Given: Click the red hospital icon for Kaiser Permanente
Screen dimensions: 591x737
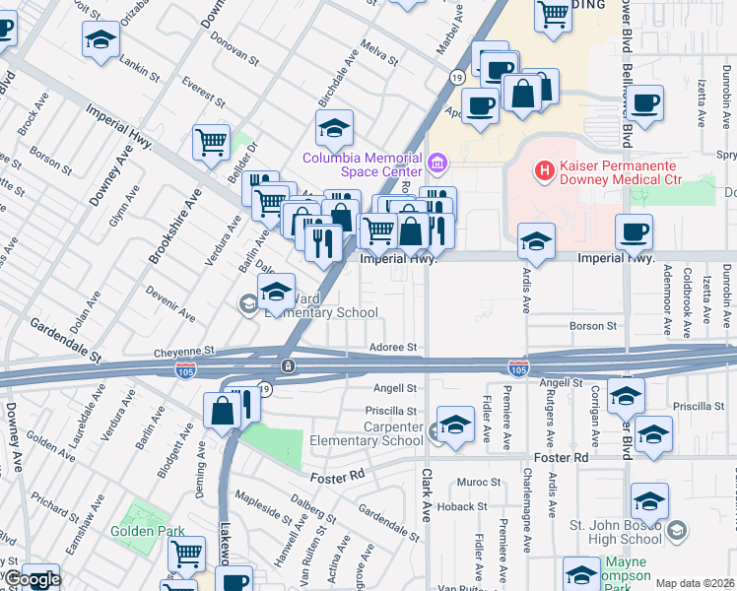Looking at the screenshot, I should pos(542,171).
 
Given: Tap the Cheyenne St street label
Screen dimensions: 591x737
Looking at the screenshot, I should pos(183,351).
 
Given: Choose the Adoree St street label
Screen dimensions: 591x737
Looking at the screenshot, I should pos(394,348).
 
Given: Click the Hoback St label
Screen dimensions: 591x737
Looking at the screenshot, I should pos(457,506).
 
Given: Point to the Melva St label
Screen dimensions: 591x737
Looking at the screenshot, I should pos(378,54).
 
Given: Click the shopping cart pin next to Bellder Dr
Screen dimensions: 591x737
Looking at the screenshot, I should pos(211,143).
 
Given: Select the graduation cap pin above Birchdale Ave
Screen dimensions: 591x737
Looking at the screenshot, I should pos(334,127).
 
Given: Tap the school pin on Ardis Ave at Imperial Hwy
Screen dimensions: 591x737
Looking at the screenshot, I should pos(535,240).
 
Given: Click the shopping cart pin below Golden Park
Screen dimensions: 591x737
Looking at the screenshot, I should pos(186,554).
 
